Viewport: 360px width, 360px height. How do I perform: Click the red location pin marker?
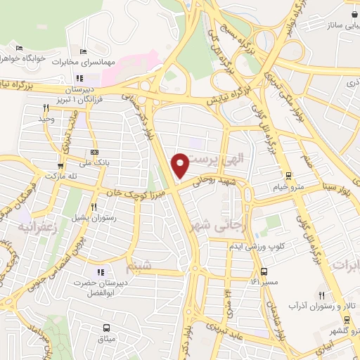(x=181, y=165)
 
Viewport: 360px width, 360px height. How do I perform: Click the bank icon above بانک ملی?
(x=94, y=153)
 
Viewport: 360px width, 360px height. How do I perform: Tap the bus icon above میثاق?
(x=106, y=328)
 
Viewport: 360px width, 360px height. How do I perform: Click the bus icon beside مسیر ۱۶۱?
(x=264, y=271)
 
